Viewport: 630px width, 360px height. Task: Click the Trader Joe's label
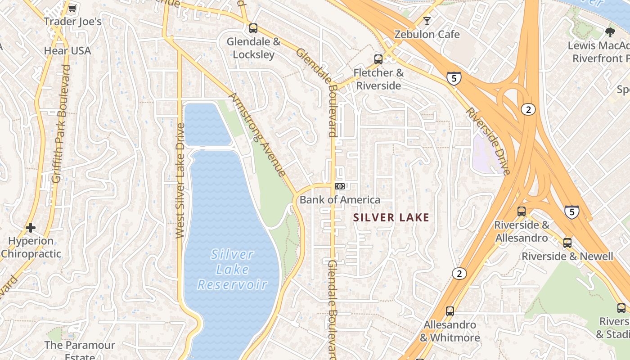pyautogui.click(x=72, y=22)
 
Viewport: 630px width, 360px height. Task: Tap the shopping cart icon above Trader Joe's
pyautogui.click(x=72, y=8)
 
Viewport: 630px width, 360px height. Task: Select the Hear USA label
pyautogui.click(x=67, y=50)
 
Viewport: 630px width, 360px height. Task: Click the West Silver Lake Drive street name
pyautogui.click(x=180, y=180)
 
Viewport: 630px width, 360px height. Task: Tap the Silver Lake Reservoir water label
pyautogui.click(x=232, y=270)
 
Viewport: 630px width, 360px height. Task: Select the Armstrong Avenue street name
pyautogui.click(x=257, y=135)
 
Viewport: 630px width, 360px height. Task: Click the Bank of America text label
pyautogui.click(x=340, y=200)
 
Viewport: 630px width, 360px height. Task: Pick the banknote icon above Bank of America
pyautogui.click(x=340, y=186)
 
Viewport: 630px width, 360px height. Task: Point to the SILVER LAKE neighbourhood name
pyautogui.click(x=391, y=218)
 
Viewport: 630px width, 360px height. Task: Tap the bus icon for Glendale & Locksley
pyautogui.click(x=253, y=28)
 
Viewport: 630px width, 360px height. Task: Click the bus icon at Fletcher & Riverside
pyautogui.click(x=378, y=59)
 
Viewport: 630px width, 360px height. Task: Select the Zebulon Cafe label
pyautogui.click(x=427, y=34)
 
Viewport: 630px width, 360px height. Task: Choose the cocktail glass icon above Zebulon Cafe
pyautogui.click(x=427, y=21)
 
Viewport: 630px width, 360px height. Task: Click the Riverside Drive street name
pyautogui.click(x=488, y=141)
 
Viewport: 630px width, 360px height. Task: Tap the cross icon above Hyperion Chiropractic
pyautogui.click(x=31, y=228)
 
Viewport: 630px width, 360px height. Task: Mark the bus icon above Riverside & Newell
pyautogui.click(x=567, y=243)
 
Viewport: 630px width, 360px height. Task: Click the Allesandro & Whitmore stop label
pyautogui.click(x=450, y=331)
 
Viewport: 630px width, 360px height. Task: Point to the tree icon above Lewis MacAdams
pyautogui.click(x=610, y=32)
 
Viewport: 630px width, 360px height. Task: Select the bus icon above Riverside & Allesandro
pyautogui.click(x=522, y=211)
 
